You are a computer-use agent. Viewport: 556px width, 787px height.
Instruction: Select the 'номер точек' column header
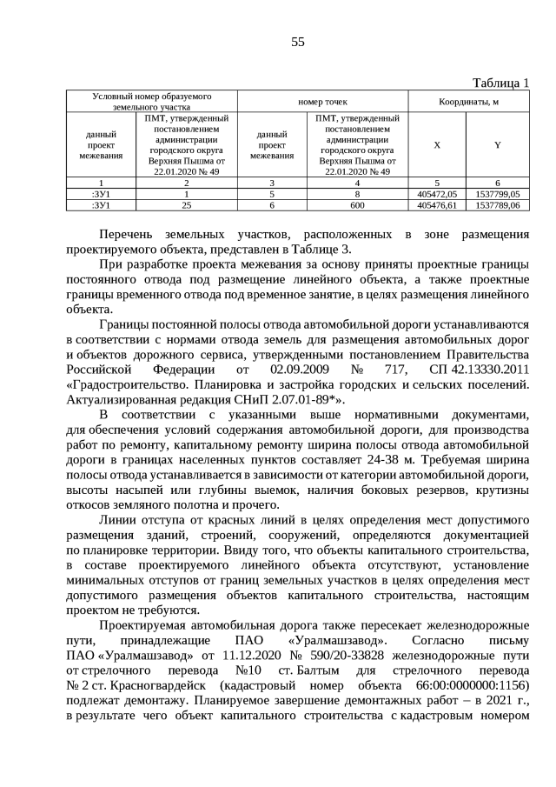[322, 102]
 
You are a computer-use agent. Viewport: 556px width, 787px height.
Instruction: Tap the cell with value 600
[357, 205]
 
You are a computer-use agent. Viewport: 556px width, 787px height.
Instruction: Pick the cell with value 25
[186, 205]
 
